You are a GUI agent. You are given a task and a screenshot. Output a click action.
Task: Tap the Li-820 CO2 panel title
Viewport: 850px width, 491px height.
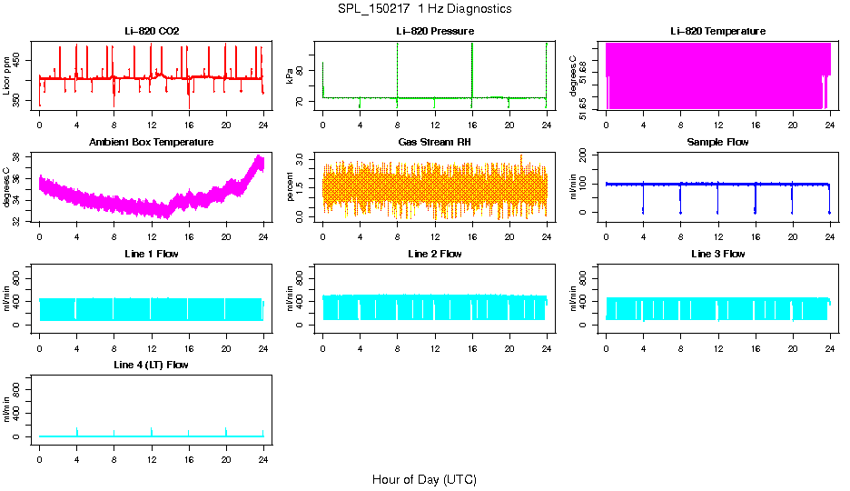tap(152, 32)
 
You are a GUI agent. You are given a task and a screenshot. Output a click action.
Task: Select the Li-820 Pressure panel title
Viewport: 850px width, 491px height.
tap(434, 32)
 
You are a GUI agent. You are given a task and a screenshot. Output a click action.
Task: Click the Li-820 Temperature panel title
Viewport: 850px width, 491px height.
tap(717, 32)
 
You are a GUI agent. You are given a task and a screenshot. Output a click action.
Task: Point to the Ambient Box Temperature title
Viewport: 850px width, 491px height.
tap(152, 143)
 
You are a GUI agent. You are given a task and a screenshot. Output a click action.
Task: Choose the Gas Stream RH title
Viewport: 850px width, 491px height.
tap(434, 143)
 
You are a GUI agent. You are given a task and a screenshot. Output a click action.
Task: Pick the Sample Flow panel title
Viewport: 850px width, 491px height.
tap(717, 143)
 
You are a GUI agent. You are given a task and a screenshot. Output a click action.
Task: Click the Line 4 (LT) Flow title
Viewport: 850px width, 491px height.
tap(152, 365)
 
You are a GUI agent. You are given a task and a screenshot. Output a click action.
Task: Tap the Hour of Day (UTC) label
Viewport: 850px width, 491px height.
tap(424, 479)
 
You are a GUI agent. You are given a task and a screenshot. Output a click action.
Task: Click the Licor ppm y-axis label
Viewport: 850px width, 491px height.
tap(7, 76)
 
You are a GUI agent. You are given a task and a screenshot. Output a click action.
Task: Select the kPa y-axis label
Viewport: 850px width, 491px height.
tap(290, 76)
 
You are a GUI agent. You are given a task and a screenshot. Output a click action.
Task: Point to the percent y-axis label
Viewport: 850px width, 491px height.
tap(290, 186)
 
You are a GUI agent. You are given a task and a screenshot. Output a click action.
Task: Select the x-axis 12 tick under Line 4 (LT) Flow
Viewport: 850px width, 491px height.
tap(152, 452)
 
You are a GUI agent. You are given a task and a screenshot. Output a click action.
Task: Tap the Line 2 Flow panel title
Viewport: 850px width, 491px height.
tap(434, 254)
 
